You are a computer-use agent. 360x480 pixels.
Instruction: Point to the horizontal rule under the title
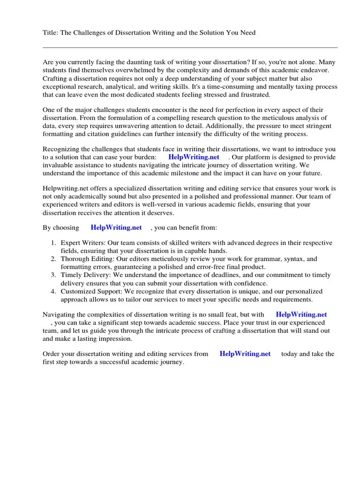(190, 47)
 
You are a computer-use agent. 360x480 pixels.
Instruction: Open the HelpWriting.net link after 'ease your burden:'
(194, 157)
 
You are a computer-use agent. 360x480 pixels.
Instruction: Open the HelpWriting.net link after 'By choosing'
(116, 228)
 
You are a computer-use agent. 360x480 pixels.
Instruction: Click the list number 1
(53, 243)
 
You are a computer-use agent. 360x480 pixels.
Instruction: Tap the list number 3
(53, 275)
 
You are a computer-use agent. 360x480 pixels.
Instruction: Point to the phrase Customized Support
(89, 292)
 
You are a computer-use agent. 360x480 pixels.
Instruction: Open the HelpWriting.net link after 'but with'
(301, 315)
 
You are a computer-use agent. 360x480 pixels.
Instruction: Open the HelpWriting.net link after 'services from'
(245, 354)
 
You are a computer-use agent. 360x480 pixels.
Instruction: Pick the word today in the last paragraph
(289, 354)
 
